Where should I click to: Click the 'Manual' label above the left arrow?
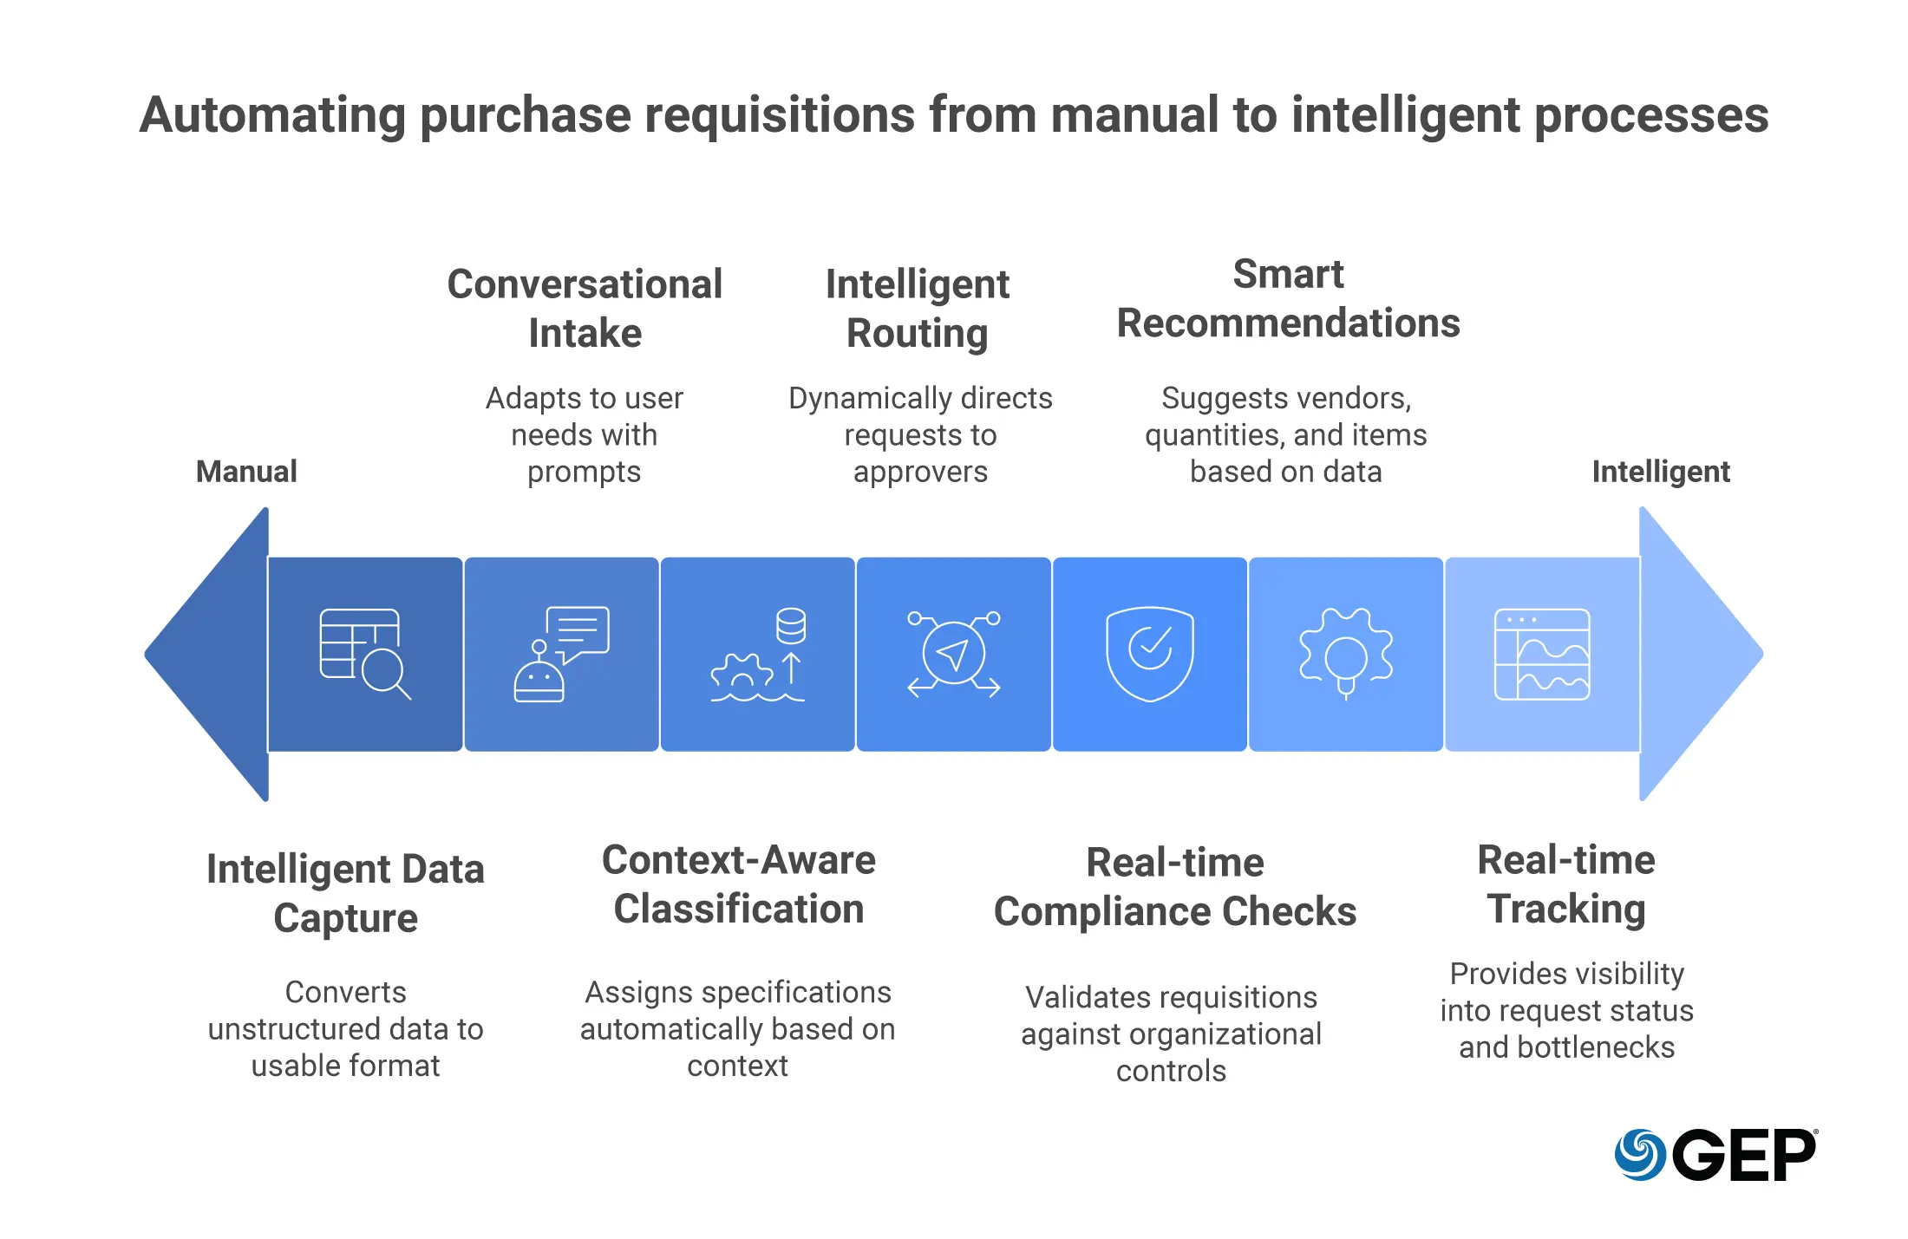[246, 472]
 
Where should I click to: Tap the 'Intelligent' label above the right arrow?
[1660, 472]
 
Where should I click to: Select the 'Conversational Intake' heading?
[585, 309]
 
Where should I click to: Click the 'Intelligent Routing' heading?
[918, 309]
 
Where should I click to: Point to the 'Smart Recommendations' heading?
[1288, 298]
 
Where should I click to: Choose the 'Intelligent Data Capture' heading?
[345, 893]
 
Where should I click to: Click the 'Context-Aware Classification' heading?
[739, 884]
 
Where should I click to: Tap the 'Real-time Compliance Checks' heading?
[1175, 886]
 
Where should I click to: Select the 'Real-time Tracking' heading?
[1566, 884]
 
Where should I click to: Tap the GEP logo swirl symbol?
[1639, 1155]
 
